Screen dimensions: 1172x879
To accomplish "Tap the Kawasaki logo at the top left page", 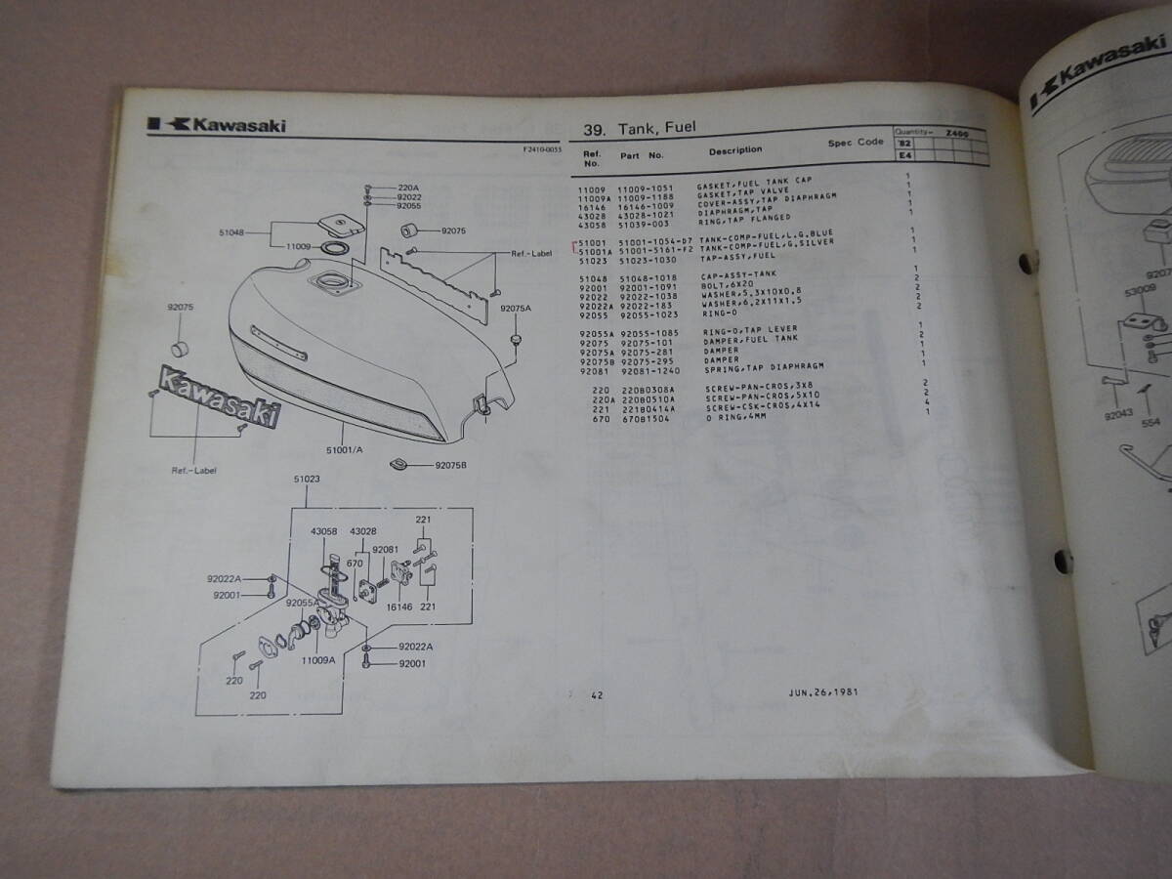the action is click(x=217, y=124).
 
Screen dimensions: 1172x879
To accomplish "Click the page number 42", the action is click(x=598, y=695).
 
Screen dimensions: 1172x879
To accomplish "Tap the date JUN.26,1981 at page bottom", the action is click(x=824, y=692).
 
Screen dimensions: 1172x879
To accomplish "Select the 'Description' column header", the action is click(x=735, y=150).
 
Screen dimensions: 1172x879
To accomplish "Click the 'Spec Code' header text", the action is click(x=856, y=143).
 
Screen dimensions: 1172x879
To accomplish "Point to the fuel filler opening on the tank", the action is click(x=332, y=283).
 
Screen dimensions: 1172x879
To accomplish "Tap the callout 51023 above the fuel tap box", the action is click(x=307, y=480).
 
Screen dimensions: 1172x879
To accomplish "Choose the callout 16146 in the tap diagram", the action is click(x=399, y=607).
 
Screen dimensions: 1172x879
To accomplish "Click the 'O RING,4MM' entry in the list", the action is click(x=728, y=420).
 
